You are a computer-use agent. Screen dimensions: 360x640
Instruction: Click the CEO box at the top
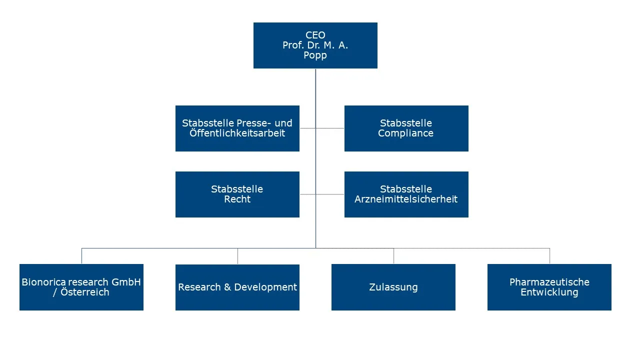(315, 45)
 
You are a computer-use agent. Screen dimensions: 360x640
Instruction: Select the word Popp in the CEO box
(315, 55)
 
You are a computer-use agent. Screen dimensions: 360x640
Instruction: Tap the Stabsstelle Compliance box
(406, 128)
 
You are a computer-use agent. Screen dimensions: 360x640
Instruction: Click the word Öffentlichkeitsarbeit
(237, 133)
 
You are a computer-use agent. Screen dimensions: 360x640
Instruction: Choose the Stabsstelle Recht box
(237, 194)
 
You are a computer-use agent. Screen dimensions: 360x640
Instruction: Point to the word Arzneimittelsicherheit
(406, 199)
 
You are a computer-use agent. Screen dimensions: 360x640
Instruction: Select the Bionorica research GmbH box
(81, 287)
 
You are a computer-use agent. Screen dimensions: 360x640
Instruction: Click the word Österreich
(84, 292)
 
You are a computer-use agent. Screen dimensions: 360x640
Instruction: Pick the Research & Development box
(237, 287)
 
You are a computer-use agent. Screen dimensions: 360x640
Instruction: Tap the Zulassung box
(393, 287)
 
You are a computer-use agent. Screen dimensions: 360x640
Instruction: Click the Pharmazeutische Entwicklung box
(549, 287)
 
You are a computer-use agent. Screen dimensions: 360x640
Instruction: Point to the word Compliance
(406, 133)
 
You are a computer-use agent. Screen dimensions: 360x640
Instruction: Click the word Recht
(237, 199)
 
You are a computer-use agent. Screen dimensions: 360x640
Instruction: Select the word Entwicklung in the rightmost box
(549, 292)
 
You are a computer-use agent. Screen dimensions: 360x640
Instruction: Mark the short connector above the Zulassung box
(393, 256)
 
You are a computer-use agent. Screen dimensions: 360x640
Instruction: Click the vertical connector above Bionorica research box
(81, 256)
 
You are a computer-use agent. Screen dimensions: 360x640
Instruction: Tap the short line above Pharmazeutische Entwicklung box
(549, 256)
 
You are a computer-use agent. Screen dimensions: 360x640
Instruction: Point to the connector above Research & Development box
(237, 256)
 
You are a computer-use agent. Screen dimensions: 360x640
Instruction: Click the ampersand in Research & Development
(226, 287)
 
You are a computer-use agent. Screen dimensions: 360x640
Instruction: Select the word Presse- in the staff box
(255, 123)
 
